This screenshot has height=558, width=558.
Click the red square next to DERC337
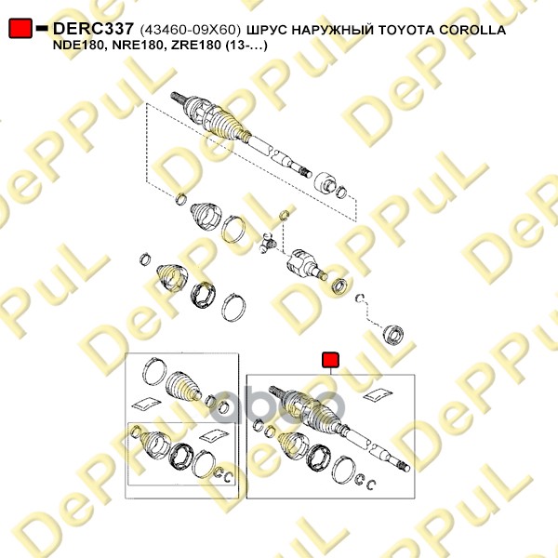[20, 28]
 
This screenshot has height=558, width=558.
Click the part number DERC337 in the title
[93, 29]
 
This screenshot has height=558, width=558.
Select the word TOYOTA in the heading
[405, 30]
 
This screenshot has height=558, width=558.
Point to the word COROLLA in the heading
[472, 30]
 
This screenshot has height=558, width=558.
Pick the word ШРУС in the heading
[267, 30]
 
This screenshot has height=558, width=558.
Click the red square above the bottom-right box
[330, 360]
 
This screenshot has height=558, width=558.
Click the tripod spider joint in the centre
[268, 244]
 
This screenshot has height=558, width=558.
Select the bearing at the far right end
[392, 335]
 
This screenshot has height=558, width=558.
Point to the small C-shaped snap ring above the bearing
[360, 298]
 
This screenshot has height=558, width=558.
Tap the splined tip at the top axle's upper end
[177, 97]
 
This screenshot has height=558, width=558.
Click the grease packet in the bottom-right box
[378, 394]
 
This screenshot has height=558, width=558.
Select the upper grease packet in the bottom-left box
[146, 405]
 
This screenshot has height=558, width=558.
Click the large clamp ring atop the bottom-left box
[154, 370]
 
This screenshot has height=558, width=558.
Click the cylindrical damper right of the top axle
[325, 182]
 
